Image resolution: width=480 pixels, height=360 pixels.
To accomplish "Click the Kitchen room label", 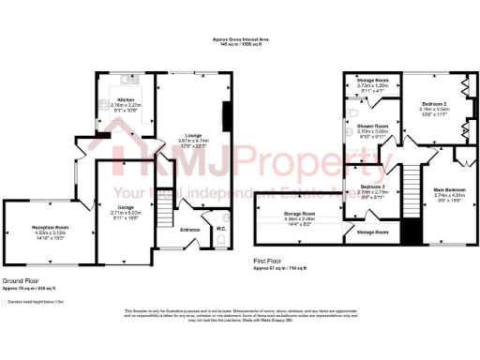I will [x=125, y=99].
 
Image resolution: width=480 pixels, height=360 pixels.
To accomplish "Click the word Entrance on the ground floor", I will [x=189, y=230].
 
